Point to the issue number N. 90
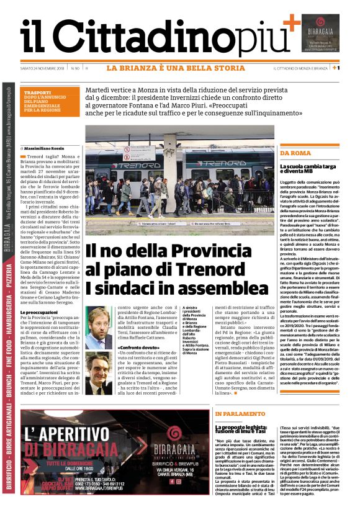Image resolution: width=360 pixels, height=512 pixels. [74, 68]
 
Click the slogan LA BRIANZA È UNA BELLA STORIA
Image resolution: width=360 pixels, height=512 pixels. [176, 68]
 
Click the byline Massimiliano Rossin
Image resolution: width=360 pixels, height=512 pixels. [43, 149]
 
